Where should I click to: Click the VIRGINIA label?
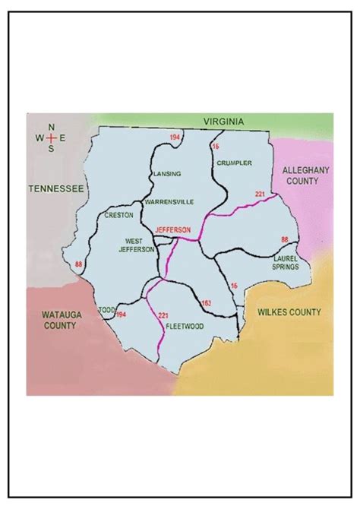tap(223, 122)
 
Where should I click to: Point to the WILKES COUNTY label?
tap(289, 311)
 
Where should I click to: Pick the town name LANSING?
tap(167, 174)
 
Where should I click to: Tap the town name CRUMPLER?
tap(233, 163)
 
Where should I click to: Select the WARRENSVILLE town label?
tap(169, 201)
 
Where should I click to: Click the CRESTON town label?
tap(118, 215)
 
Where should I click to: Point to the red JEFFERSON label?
tap(172, 229)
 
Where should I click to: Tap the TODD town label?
tap(106, 309)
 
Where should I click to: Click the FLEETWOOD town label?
tap(185, 327)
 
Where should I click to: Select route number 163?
tap(206, 303)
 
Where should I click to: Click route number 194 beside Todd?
tap(121, 314)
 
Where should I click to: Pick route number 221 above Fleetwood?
tap(163, 315)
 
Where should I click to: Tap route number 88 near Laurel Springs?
tap(285, 240)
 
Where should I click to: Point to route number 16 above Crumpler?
tap(215, 145)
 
